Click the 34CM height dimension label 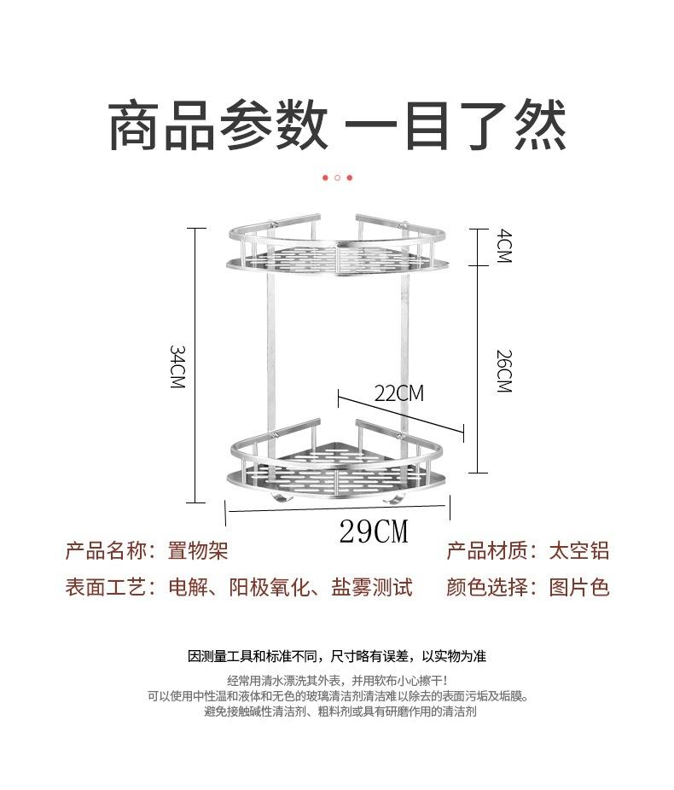pyautogui.click(x=177, y=366)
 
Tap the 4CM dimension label pyautogui.click(x=504, y=246)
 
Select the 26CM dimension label pyautogui.click(x=504, y=371)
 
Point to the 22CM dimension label pyautogui.click(x=399, y=393)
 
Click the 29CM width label pyautogui.click(x=374, y=531)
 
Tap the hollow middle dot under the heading pyautogui.click(x=337, y=177)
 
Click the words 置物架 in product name pyautogui.click(x=198, y=550)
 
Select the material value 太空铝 pyautogui.click(x=578, y=550)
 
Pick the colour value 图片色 pyautogui.click(x=578, y=587)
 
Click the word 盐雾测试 pyautogui.click(x=372, y=587)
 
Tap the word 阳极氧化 pyautogui.click(x=270, y=587)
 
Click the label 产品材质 pyautogui.click(x=486, y=550)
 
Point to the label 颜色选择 pyautogui.click(x=486, y=587)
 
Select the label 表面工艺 pyautogui.click(x=106, y=587)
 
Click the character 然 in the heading pyautogui.click(x=540, y=125)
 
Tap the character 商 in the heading pyautogui.click(x=135, y=125)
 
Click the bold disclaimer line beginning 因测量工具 pyautogui.click(x=337, y=656)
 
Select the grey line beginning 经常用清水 pyautogui.click(x=337, y=681)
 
